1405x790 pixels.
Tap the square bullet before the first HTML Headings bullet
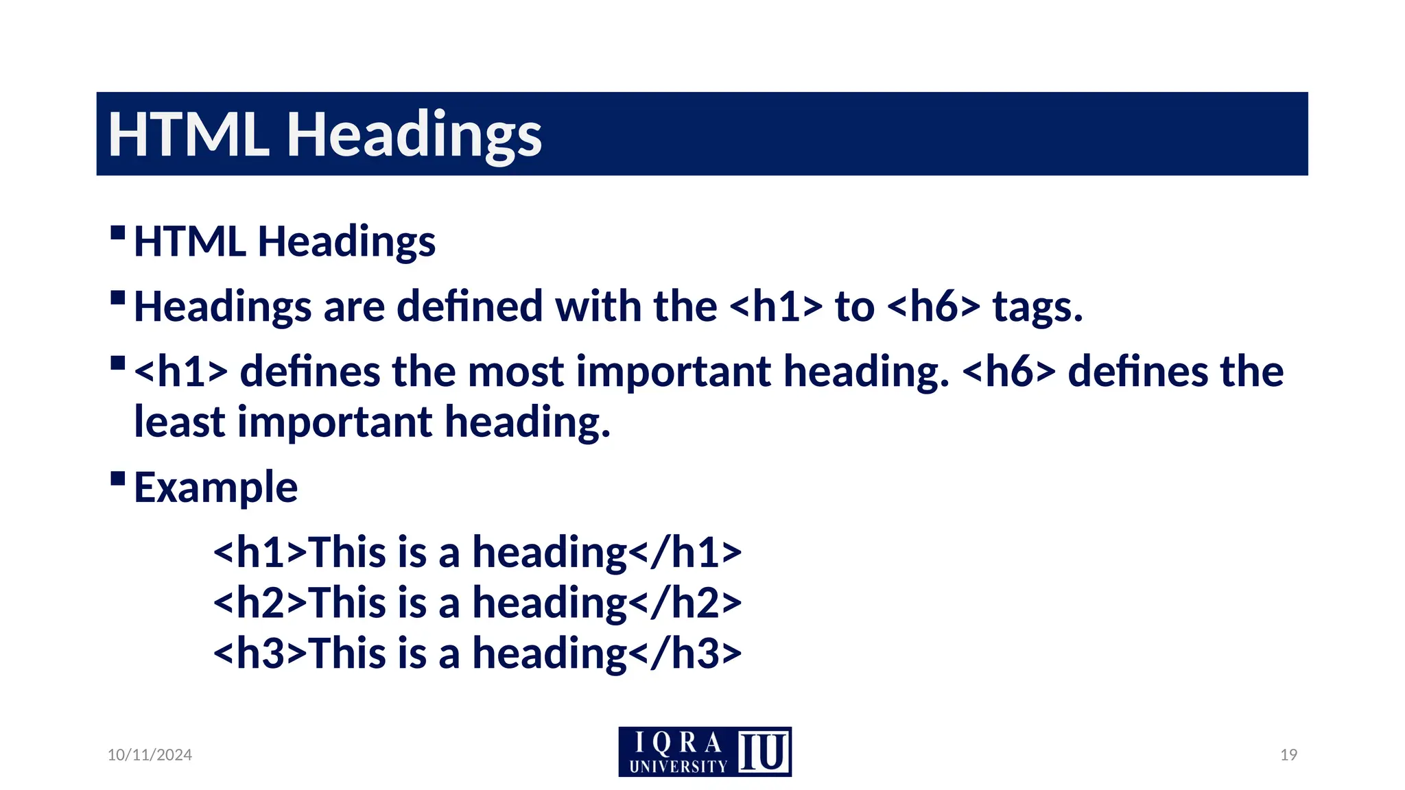click(117, 232)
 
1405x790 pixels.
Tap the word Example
click(215, 487)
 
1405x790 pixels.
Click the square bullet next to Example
click(117, 478)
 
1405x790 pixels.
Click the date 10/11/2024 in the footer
click(150, 754)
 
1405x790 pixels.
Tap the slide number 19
click(1288, 754)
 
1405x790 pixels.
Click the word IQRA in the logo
click(678, 743)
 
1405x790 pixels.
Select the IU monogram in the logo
click(763, 752)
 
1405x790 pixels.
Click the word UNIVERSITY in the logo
click(678, 766)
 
